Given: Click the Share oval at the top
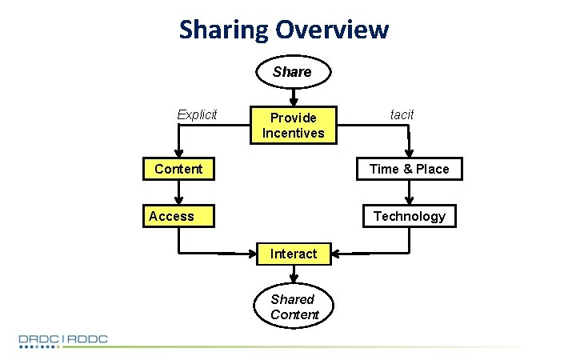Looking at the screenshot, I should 292,72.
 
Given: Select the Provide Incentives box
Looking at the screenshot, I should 293,125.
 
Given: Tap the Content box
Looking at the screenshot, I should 178,169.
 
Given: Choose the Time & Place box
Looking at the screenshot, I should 409,169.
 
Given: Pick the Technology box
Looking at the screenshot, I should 409,216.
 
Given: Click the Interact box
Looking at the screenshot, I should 293,254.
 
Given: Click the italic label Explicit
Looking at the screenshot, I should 197,114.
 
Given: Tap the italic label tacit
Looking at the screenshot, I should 402,114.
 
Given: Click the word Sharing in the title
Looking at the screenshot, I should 224,30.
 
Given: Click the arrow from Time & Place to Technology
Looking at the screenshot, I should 409,192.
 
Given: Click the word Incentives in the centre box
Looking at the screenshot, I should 293,133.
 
